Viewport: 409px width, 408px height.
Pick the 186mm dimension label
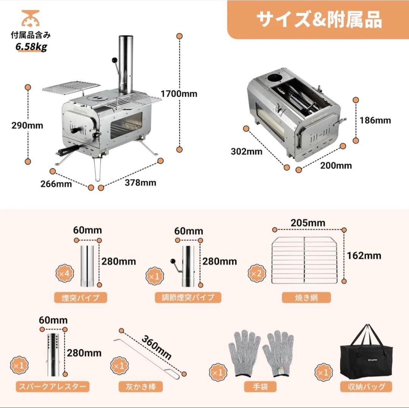pyautogui.click(x=375, y=120)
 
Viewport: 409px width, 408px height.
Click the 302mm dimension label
pyautogui.click(x=247, y=151)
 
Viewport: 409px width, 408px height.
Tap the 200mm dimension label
pyautogui.click(x=336, y=165)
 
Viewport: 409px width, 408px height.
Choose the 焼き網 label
pyautogui.click(x=306, y=297)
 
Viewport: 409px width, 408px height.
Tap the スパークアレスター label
pyautogui.click(x=53, y=386)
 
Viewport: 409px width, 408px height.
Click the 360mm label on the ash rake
pyautogui.click(x=157, y=347)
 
